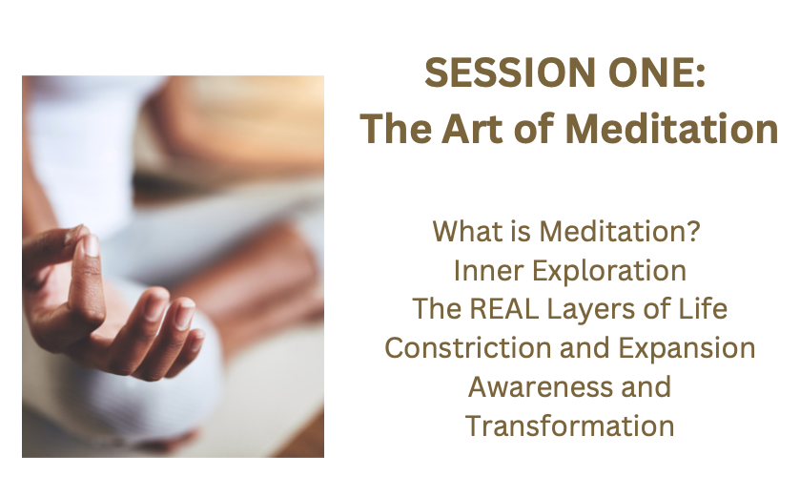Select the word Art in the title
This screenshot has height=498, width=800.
pos(472,129)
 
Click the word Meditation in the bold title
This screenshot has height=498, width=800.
pos(671,129)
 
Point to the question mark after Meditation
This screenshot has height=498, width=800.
pos(693,231)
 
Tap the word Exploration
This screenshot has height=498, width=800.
pos(609,271)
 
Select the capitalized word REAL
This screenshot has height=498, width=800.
pos(503,309)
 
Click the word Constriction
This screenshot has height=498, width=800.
pos(468,348)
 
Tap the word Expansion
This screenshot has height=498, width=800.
pos(687,349)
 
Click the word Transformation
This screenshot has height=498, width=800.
pos(570,426)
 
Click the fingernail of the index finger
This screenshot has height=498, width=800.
pos(92,245)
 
